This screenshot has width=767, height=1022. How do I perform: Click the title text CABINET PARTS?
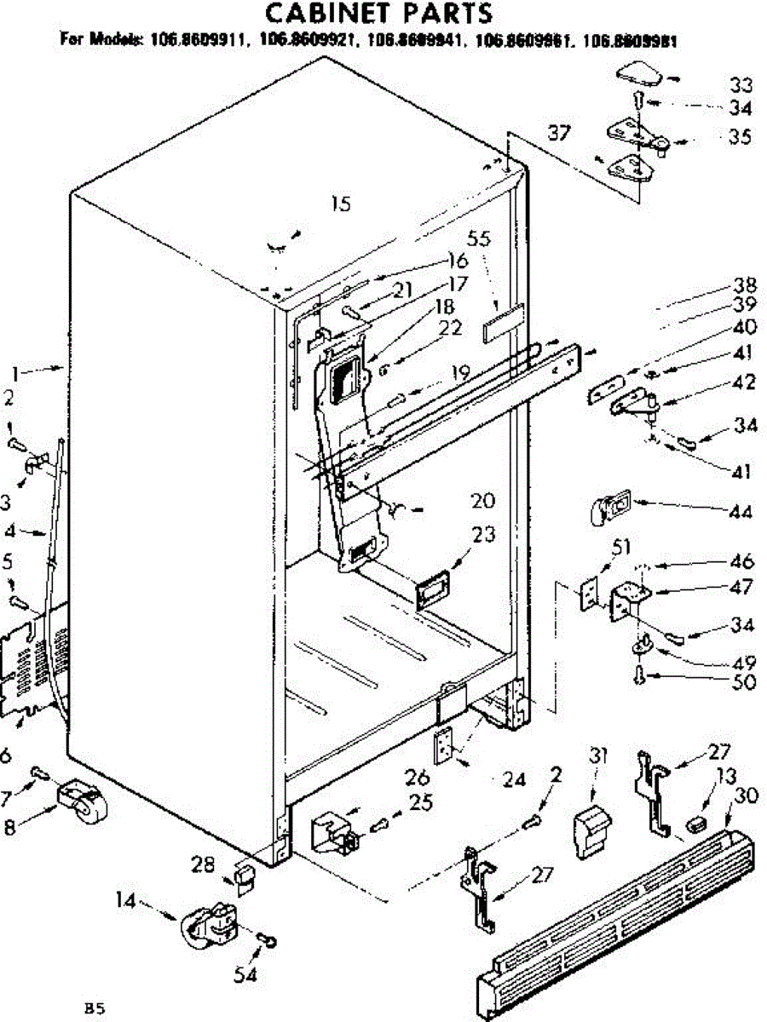coord(378,14)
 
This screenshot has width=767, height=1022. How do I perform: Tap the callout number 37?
coord(559,133)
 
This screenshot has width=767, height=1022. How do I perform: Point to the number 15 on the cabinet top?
coord(340,204)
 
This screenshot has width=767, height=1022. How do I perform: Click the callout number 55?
coord(479,240)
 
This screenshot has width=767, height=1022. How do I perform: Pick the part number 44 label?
coord(741,512)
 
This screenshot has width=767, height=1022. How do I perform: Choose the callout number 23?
coord(483,536)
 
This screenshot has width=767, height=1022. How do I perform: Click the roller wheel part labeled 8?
coord(84,804)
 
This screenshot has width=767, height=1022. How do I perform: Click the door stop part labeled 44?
coord(607,508)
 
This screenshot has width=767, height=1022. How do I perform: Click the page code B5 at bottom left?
coord(94,1008)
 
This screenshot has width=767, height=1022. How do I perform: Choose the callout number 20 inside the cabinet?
coord(482,500)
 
